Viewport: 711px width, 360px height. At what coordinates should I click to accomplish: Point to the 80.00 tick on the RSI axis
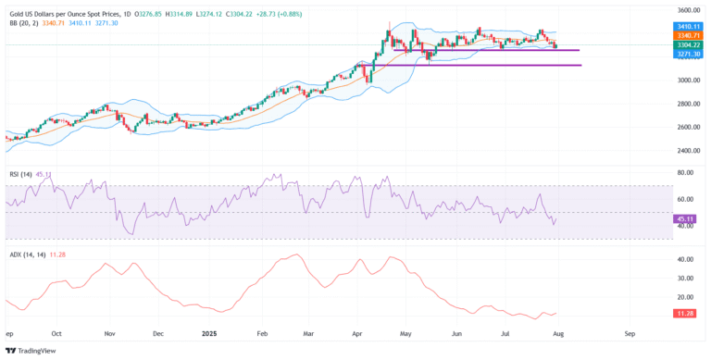point(688,173)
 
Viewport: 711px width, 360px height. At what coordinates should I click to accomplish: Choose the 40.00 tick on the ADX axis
point(688,260)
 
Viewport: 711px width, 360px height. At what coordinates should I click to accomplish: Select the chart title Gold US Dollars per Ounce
point(69,14)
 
